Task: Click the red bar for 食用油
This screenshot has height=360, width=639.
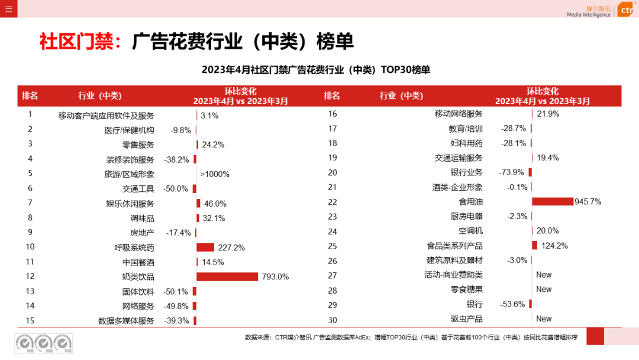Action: coord(553,201)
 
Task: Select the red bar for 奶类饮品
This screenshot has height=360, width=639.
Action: coord(227,277)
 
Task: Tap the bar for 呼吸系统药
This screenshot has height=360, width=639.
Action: coord(205,247)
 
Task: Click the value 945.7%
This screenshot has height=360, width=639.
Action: coord(588,201)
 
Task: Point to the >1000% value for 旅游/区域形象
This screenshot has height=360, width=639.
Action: coord(215,174)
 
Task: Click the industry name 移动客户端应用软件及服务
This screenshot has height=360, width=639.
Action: coord(106,115)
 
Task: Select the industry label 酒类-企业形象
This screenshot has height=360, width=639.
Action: coord(457,187)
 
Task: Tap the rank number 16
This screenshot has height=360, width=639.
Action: coord(332,114)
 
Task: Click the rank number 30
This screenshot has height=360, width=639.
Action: coord(332,319)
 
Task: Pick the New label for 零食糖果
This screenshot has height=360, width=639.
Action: coord(544,290)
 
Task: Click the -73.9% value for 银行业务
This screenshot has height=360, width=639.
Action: coord(512,172)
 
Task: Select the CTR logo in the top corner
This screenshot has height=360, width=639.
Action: coord(626,10)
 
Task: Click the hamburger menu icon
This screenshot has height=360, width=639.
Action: coord(9,9)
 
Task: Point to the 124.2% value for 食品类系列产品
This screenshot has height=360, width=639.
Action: coord(554,246)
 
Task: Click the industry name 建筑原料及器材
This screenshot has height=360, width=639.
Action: coord(454,260)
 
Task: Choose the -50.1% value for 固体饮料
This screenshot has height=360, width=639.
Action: coord(176,291)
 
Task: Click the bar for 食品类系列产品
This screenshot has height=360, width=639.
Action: coord(535,245)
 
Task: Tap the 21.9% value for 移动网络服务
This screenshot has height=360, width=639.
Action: coord(548,114)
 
